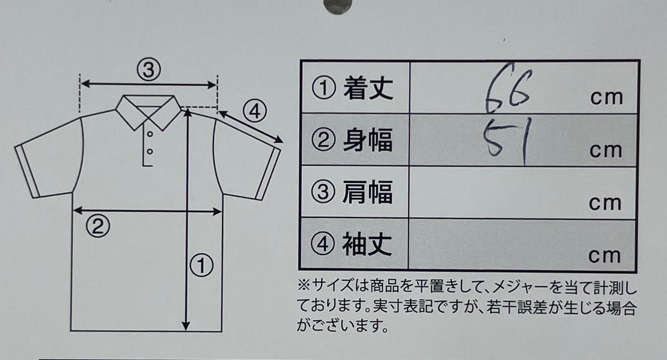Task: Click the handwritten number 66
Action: click(x=508, y=88)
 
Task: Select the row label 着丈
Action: click(x=369, y=88)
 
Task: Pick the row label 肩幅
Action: click(x=367, y=192)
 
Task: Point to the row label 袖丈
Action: click(x=367, y=244)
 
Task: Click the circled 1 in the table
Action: click(x=323, y=88)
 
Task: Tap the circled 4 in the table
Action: click(x=323, y=245)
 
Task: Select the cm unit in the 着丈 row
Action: click(x=607, y=98)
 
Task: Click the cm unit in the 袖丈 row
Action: click(x=604, y=256)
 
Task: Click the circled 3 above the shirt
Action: click(x=149, y=70)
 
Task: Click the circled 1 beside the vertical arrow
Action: click(x=202, y=265)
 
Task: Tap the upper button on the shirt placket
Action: click(x=150, y=134)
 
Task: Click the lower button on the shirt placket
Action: click(x=150, y=152)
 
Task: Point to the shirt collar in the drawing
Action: click(x=148, y=112)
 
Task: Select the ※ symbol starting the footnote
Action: click(x=304, y=287)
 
